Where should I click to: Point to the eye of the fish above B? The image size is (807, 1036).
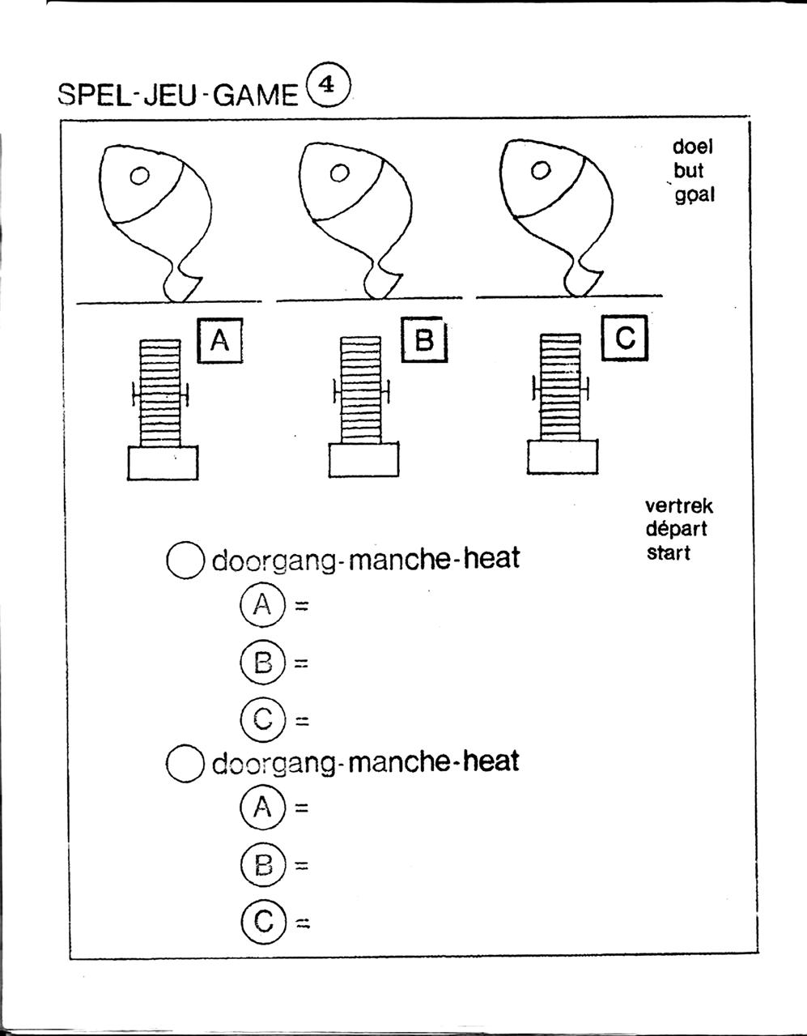pyautogui.click(x=339, y=172)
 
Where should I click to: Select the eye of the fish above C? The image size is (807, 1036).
pyautogui.click(x=540, y=170)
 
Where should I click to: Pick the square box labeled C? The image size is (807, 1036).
pyautogui.click(x=625, y=338)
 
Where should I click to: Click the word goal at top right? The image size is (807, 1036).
pyautogui.click(x=695, y=195)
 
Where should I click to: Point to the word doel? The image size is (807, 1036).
pyautogui.click(x=693, y=147)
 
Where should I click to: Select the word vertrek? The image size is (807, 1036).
pyautogui.click(x=679, y=506)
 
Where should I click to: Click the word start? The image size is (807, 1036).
pyautogui.click(x=669, y=554)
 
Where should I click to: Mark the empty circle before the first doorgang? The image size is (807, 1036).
pyautogui.click(x=185, y=560)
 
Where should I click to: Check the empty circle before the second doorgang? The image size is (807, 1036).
pyautogui.click(x=185, y=763)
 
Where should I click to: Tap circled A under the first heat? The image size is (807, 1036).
pyautogui.click(x=262, y=605)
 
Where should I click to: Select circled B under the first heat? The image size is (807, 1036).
pyautogui.click(x=262, y=663)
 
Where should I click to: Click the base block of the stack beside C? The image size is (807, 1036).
pyautogui.click(x=563, y=458)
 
